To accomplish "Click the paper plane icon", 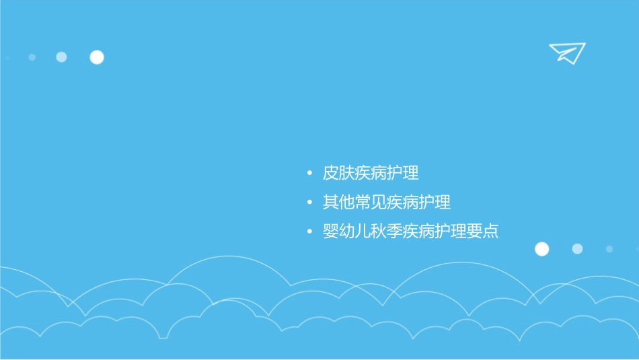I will [x=566, y=53].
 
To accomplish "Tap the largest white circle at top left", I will [x=97, y=57].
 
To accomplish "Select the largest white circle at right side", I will [x=541, y=249].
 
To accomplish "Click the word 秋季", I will [x=387, y=231].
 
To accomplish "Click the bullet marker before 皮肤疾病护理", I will [x=309, y=174].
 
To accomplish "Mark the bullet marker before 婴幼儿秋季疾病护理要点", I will [x=309, y=232].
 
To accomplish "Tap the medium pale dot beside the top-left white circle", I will [x=61, y=57].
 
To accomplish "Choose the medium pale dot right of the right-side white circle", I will [x=577, y=249].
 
